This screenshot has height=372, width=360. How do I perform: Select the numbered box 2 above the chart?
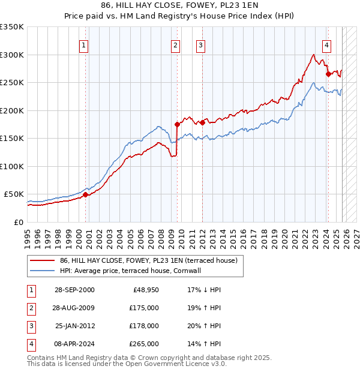tap(175, 45)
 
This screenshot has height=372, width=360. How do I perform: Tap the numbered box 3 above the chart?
tap(200, 45)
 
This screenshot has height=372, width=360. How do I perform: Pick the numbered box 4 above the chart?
tap(326, 45)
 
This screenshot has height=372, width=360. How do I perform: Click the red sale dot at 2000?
tap(85, 194)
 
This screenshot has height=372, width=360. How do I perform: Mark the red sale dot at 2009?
tap(177, 124)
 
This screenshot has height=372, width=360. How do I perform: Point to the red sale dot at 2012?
tap(202, 122)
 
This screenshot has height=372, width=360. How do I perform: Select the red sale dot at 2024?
tap(328, 74)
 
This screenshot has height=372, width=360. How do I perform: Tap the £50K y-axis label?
tap(14, 194)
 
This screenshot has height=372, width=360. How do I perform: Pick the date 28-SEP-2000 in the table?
tap(74, 289)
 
